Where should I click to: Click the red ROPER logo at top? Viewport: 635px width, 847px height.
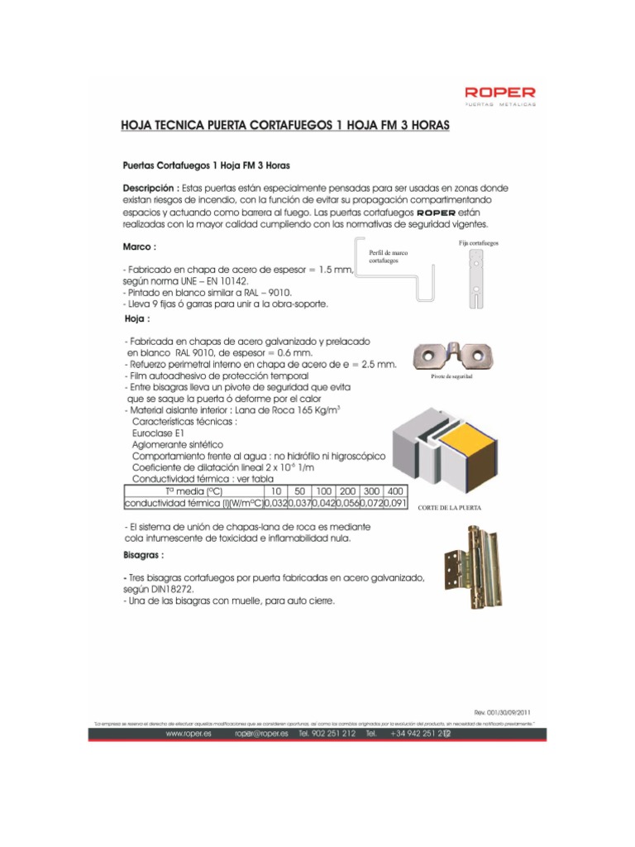(499, 95)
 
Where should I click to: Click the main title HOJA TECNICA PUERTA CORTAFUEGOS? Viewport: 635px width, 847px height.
(285, 125)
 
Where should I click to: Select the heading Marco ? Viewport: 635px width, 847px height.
(140, 246)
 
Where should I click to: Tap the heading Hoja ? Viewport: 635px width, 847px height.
(136, 318)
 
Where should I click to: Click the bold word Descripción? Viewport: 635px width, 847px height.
(150, 188)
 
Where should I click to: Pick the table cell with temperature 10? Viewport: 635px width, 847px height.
(275, 490)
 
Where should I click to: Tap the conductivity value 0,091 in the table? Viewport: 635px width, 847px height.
(394, 502)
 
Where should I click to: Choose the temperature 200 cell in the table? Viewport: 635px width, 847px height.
(346, 490)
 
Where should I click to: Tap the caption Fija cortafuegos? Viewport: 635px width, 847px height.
(479, 243)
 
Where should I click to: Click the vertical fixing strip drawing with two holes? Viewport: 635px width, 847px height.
(477, 279)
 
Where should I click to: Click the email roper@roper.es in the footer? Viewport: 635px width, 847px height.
(261, 733)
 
